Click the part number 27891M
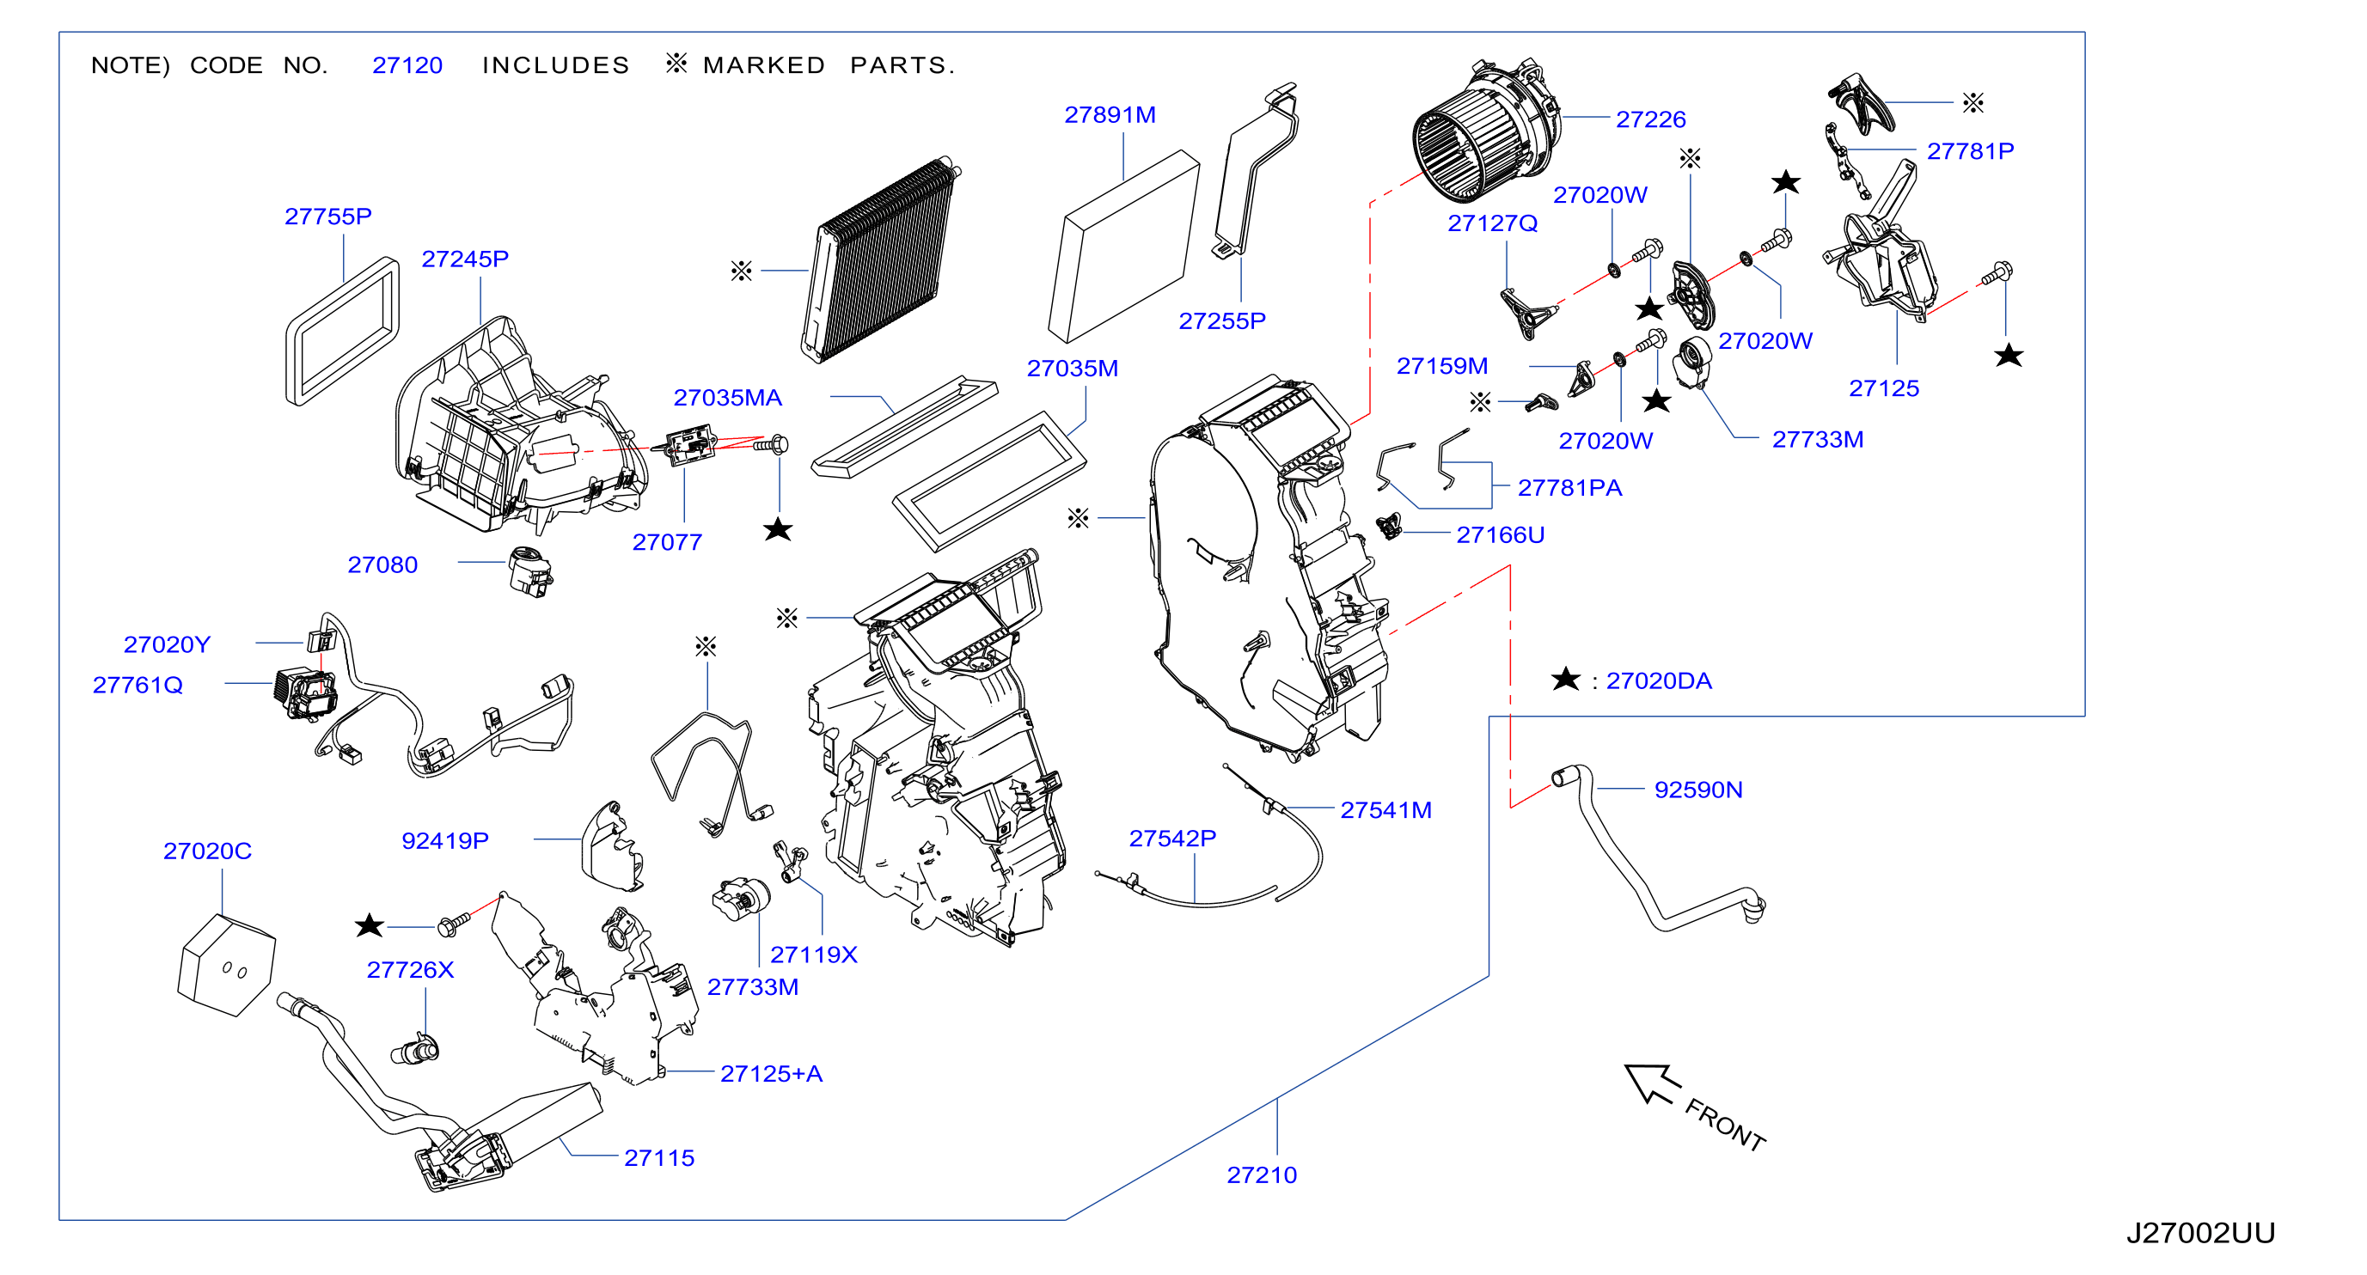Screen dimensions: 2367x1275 pyautogui.click(x=1109, y=115)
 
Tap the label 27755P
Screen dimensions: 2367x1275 pyautogui.click(x=328, y=216)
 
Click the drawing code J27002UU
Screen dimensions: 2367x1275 pyautogui.click(x=2199, y=1233)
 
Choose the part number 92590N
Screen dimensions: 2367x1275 pyautogui.click(x=1698, y=789)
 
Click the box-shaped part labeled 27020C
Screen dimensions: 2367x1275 pyautogui.click(x=226, y=965)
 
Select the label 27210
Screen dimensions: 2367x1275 pyautogui.click(x=1262, y=1174)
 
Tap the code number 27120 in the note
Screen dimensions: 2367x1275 pyautogui.click(x=407, y=65)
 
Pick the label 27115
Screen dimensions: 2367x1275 pyautogui.click(x=659, y=1157)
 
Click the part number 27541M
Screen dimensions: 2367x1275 pyautogui.click(x=1385, y=809)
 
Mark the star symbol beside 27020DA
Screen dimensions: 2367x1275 pyautogui.click(x=1565, y=679)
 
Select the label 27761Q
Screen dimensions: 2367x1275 pyautogui.click(x=138, y=685)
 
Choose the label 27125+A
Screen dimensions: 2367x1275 pyautogui.click(x=771, y=1073)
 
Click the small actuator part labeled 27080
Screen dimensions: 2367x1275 pyautogui.click(x=530, y=571)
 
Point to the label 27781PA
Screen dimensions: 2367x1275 pyautogui.click(x=1569, y=487)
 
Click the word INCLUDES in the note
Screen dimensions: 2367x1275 pyautogui.click(x=556, y=65)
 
